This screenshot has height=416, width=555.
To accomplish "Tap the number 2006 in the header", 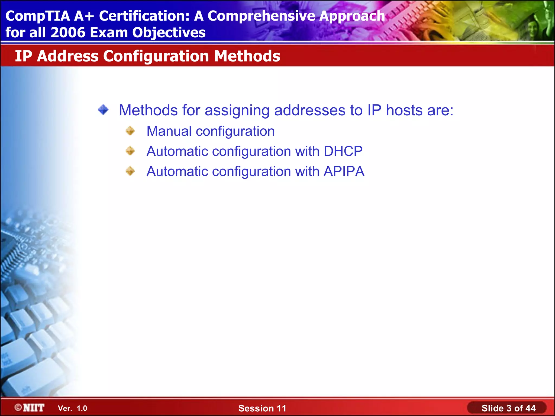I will [x=68, y=32].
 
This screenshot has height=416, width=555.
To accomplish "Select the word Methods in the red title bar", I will [x=247, y=56].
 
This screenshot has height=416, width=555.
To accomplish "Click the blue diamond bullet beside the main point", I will [x=103, y=110].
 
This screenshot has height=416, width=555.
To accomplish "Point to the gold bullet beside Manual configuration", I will [x=130, y=131].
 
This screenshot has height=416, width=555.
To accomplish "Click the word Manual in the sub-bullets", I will [x=169, y=131].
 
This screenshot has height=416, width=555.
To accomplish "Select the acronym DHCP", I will [x=343, y=151].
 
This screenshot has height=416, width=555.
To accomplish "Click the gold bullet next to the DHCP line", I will [x=130, y=151].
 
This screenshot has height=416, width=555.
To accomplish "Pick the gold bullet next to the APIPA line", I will [x=130, y=171].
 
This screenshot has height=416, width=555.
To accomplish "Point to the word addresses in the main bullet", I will [x=310, y=110].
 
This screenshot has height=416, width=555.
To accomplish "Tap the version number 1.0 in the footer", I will [x=82, y=408].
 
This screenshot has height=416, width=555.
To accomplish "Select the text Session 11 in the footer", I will [x=262, y=408].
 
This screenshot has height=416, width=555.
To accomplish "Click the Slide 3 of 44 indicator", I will [x=508, y=408].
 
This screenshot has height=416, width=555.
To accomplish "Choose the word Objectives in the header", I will [x=169, y=32].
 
